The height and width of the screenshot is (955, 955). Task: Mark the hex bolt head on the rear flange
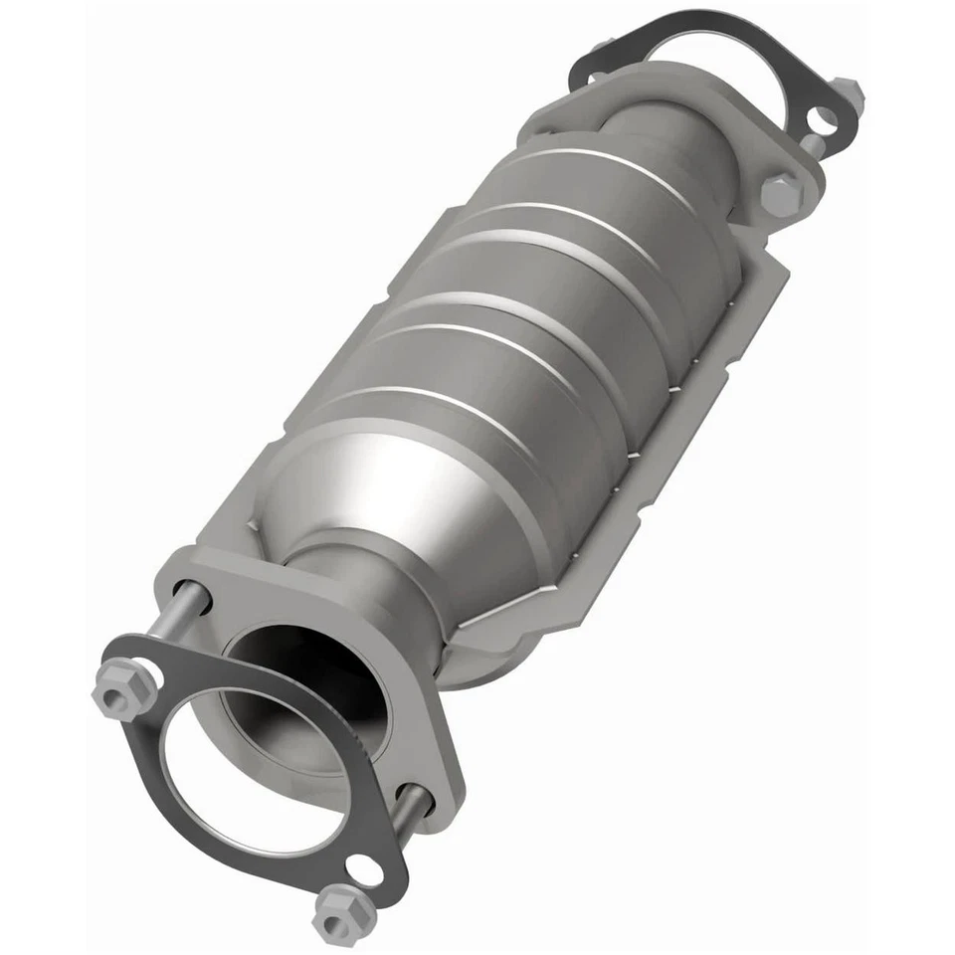click(x=781, y=194)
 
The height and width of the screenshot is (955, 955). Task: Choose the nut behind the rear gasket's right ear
click(x=849, y=95)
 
